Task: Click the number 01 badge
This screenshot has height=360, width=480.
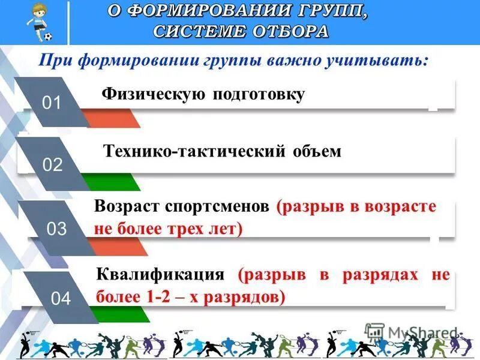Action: [x=52, y=103]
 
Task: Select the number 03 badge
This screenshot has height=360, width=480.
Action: [x=56, y=229]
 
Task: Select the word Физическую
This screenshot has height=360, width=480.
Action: [x=154, y=94]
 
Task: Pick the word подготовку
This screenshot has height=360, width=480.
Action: [x=259, y=95]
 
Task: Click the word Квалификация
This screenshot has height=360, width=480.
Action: [x=160, y=275]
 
